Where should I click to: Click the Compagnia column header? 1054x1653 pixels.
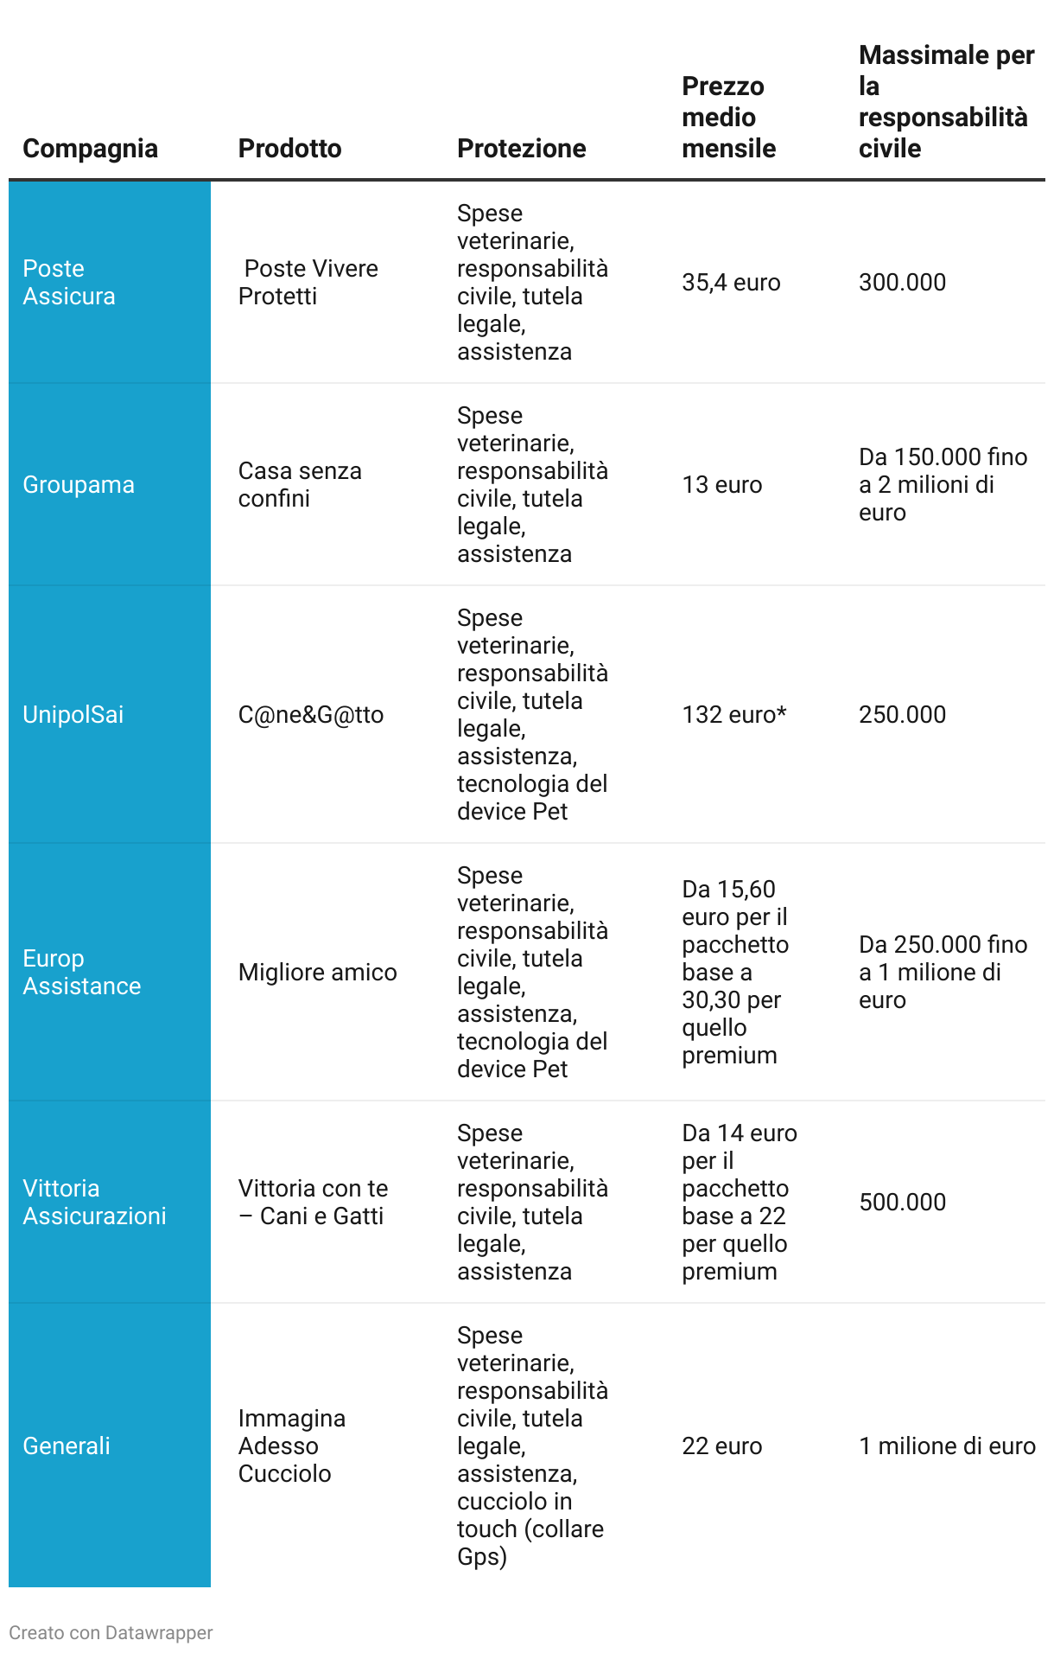[90, 149]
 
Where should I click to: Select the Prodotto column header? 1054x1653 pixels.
[289, 149]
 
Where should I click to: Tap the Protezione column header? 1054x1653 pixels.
[521, 149]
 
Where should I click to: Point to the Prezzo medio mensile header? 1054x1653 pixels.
[728, 118]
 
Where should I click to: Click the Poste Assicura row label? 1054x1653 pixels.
[69, 283]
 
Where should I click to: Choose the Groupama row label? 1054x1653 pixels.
[79, 485]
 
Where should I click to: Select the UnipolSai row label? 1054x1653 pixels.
[73, 715]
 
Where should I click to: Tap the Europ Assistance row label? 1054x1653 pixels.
[81, 973]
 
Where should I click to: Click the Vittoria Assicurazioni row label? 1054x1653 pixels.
[94, 1203]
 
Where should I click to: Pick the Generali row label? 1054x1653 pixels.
[67, 1446]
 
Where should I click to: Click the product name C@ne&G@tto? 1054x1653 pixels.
[311, 715]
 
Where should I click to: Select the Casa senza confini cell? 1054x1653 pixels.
[300, 485]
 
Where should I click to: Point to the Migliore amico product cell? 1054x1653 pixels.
[317, 973]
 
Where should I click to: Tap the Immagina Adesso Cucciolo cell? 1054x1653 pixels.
[292, 1446]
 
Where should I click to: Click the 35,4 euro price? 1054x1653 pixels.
[731, 283]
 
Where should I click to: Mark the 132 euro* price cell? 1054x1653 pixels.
[734, 715]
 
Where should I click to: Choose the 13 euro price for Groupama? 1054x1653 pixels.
[722, 485]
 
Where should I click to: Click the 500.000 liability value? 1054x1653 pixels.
[902, 1203]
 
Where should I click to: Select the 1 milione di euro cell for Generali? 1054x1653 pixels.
[947, 1446]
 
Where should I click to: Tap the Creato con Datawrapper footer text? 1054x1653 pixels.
[111, 1633]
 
